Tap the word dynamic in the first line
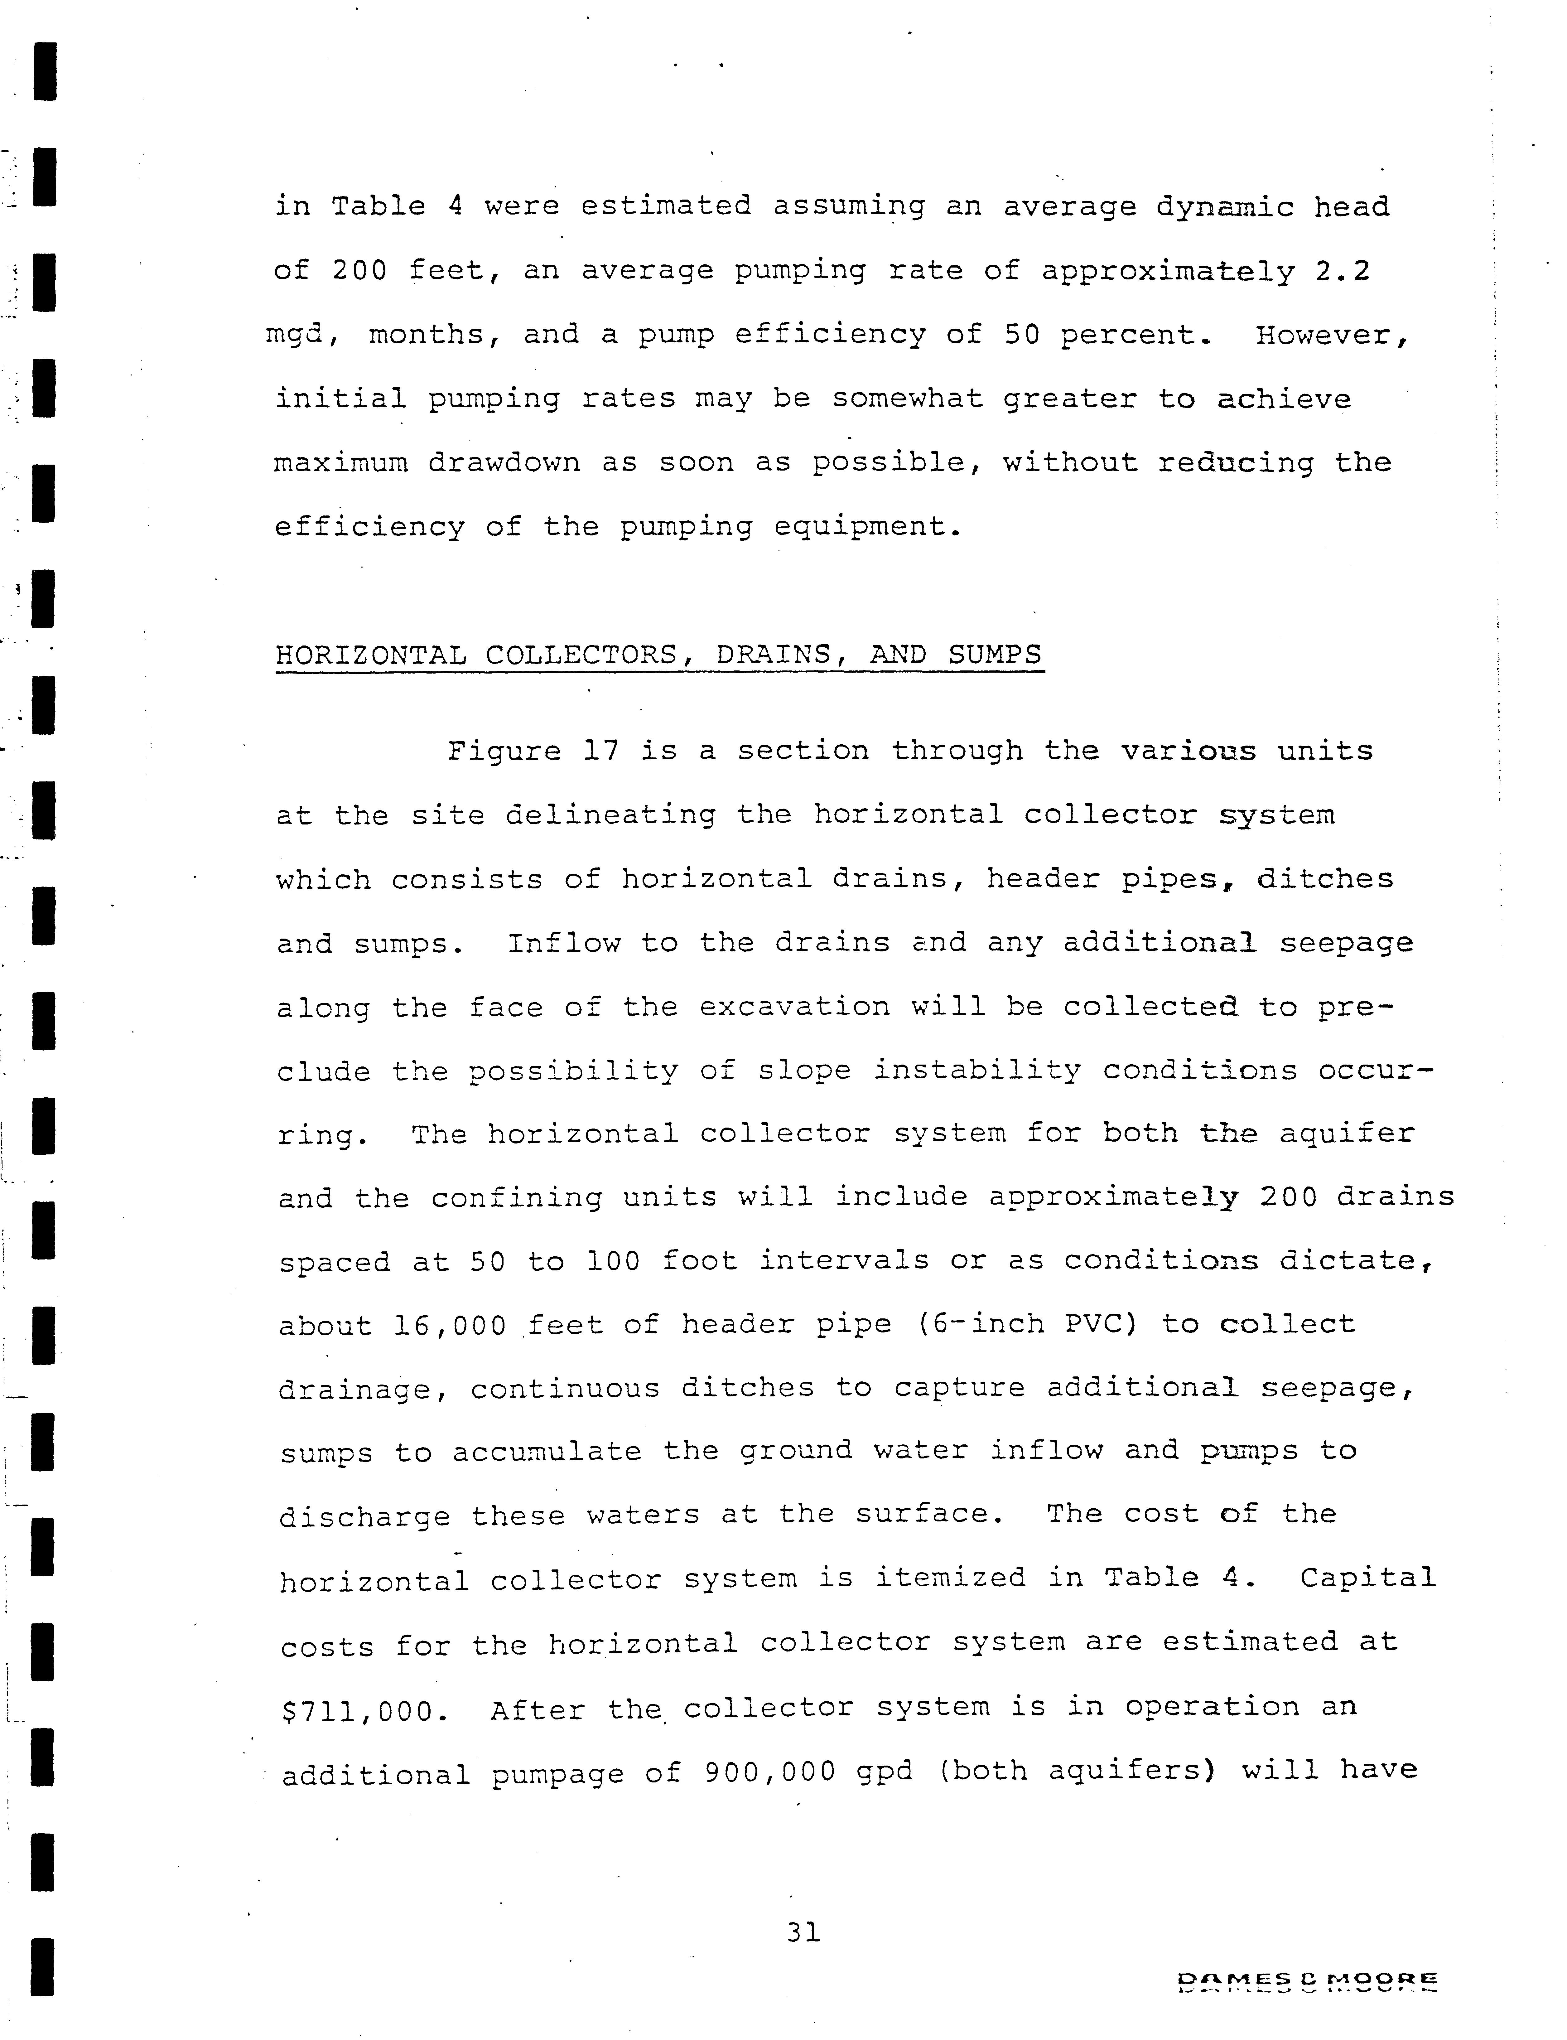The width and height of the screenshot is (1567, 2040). pos(1225,207)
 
